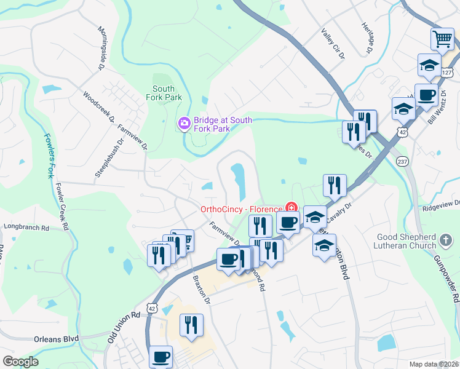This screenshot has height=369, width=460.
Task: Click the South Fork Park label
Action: coord(164,93)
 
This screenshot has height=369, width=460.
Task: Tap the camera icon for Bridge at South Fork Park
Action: coord(184,124)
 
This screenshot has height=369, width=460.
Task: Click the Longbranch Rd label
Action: coord(26,227)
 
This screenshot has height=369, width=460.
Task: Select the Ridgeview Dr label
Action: coord(441,204)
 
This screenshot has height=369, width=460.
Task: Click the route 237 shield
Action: coord(403,161)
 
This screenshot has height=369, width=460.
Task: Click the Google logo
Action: coord(20,362)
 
